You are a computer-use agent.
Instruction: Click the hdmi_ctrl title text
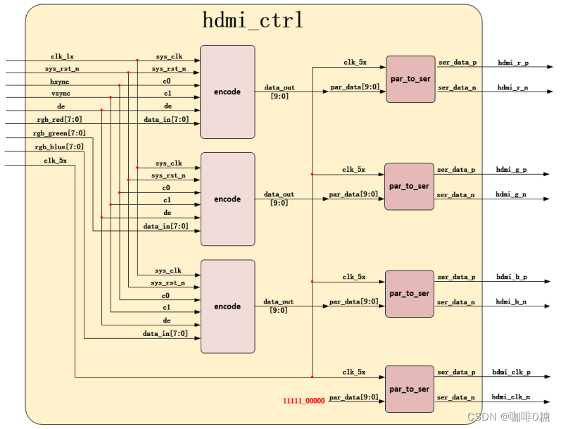click(253, 20)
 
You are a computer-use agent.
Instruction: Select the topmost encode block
click(227, 92)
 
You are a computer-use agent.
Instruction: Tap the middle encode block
click(227, 199)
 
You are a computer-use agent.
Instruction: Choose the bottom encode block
click(227, 306)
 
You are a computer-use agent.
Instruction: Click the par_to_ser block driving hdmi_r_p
click(410, 79)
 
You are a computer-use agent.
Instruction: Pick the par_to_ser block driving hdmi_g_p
click(409, 186)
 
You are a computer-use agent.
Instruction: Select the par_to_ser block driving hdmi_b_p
click(409, 293)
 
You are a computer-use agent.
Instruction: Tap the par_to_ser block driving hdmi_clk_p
click(409, 389)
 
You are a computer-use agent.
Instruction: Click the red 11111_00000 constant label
click(304, 401)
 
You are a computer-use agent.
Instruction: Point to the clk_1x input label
click(62, 56)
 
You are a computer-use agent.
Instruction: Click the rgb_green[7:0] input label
click(60, 133)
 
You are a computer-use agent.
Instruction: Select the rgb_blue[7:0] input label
click(59, 147)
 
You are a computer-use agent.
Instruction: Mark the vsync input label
click(61, 94)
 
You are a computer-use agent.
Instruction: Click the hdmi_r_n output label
click(512, 87)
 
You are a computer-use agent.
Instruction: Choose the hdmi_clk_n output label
click(511, 397)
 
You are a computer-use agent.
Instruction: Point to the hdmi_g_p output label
click(511, 170)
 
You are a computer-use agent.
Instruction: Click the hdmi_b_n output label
click(512, 301)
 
